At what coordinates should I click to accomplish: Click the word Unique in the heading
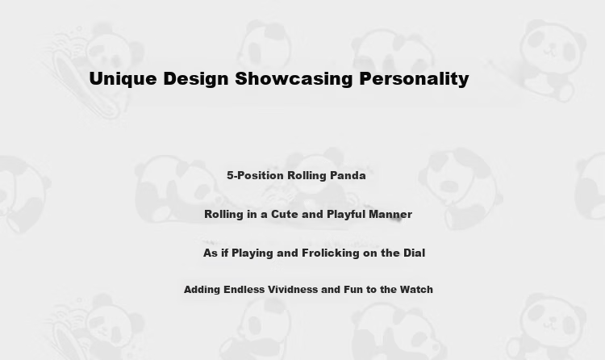(123, 79)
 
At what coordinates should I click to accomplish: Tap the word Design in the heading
(196, 79)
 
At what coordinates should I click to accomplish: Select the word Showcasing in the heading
(294, 79)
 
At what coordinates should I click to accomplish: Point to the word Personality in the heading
(414, 79)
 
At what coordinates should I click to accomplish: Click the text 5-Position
(255, 175)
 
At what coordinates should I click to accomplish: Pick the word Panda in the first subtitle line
(348, 175)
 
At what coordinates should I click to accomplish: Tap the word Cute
(285, 214)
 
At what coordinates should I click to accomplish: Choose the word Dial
(414, 253)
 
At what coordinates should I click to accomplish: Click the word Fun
(353, 289)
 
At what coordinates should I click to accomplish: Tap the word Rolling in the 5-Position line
(307, 176)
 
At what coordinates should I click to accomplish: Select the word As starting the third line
(211, 253)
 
